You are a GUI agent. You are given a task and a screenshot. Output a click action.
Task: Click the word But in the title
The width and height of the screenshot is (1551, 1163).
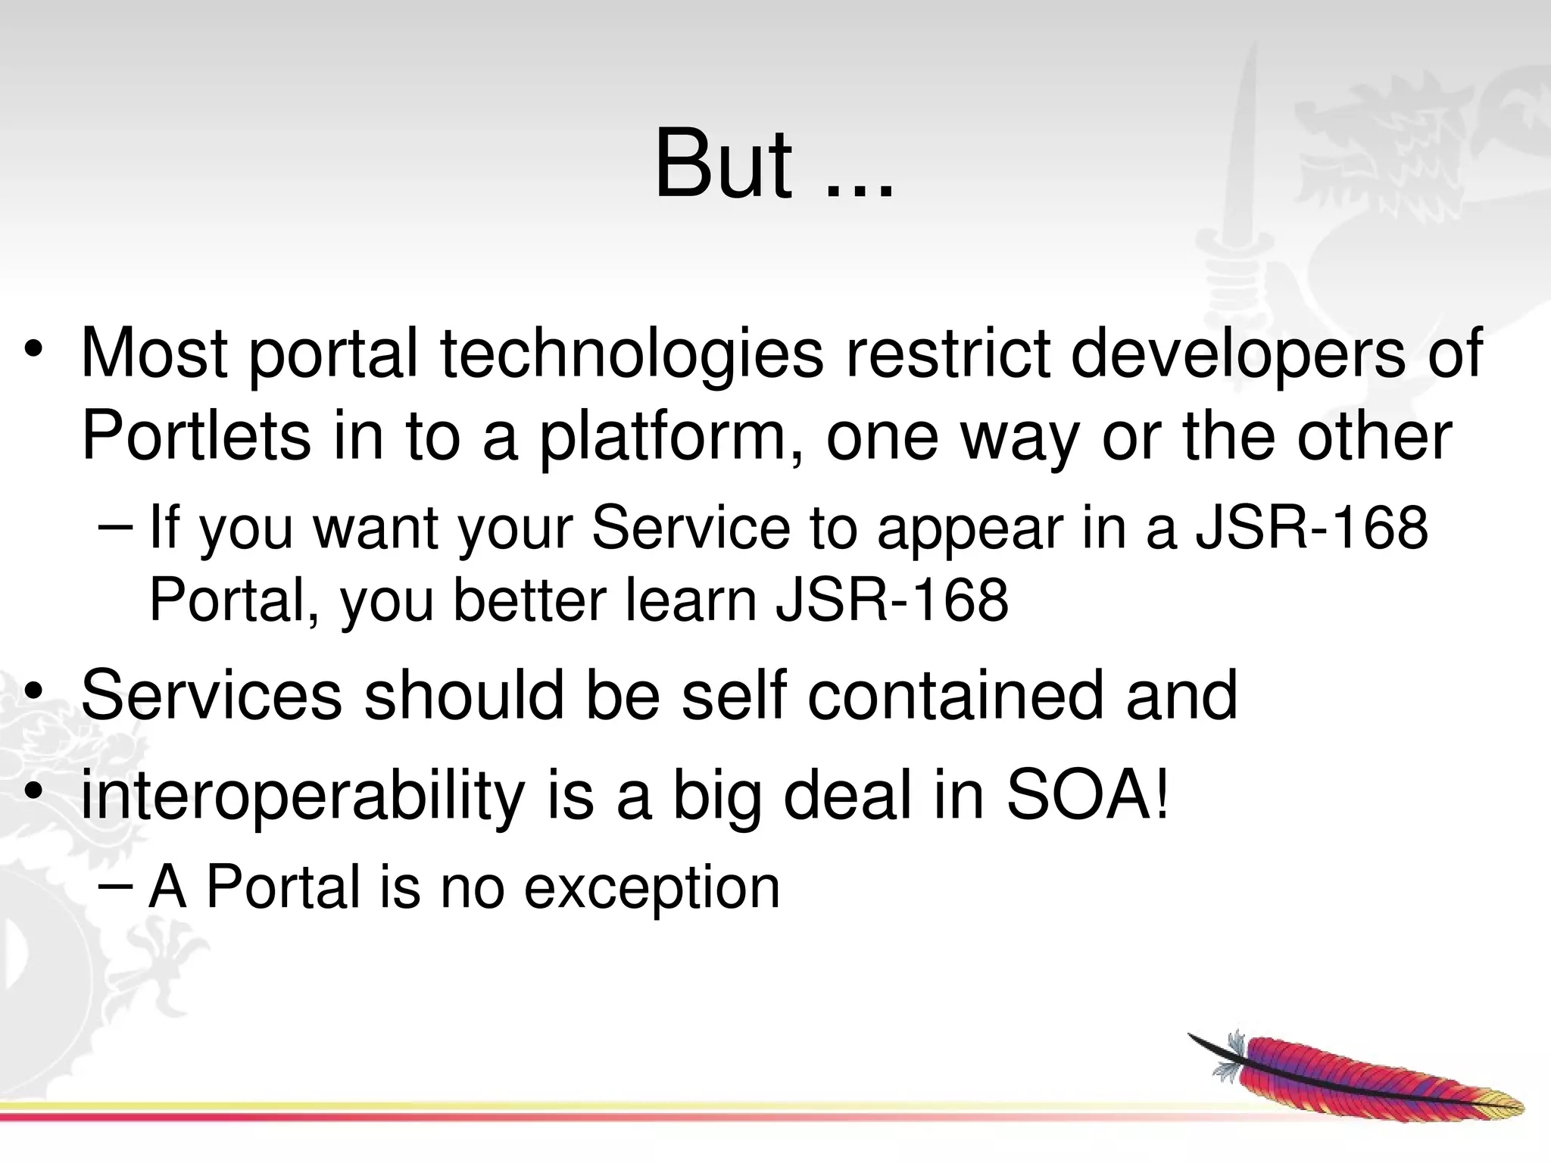723,164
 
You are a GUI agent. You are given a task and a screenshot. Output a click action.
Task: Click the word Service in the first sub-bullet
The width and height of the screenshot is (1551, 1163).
690,527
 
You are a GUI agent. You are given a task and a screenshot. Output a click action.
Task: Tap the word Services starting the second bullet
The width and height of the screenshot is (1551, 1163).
211,695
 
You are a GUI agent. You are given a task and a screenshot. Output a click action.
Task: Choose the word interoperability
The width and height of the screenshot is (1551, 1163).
302,797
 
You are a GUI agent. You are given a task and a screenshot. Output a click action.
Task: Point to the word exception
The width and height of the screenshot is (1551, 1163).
651,887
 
